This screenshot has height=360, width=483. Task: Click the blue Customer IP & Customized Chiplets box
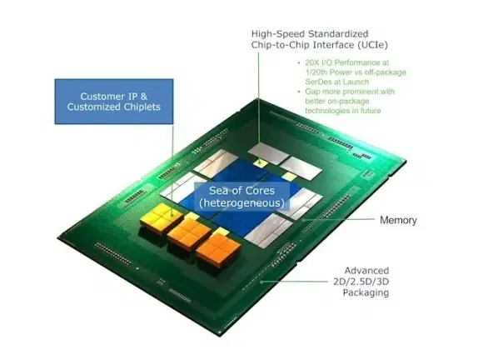tap(114, 102)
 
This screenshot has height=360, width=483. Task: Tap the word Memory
tap(398, 220)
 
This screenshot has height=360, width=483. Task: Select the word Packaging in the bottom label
tap(366, 292)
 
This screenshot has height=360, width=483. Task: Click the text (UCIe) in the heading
tap(373, 45)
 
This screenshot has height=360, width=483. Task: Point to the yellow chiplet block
tap(161, 218)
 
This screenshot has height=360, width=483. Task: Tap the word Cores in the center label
tap(259, 191)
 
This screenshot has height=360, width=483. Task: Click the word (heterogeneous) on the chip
tap(242, 203)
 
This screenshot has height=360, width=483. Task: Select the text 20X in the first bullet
tap(311, 62)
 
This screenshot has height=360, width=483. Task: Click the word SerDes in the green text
tap(318, 82)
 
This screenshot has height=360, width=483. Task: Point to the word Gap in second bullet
tap(311, 92)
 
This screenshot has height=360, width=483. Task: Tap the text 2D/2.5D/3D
tap(361, 282)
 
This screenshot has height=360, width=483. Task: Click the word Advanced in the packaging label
tap(366, 271)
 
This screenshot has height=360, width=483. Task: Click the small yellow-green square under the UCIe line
tap(261, 162)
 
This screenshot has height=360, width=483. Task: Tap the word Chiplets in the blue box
tap(142, 107)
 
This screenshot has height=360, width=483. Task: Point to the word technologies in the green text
tap(327, 111)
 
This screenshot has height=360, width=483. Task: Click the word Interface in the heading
tap(334, 45)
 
